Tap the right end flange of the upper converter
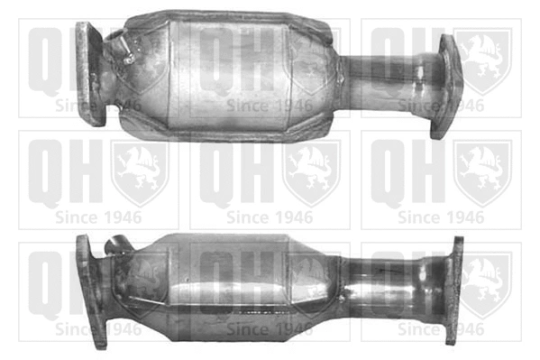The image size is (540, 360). [x=445, y=87]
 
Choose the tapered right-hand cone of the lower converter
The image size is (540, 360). [x=316, y=280]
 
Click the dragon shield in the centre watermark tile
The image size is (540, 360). [x=311, y=171]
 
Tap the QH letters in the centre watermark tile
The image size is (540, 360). [x=234, y=171]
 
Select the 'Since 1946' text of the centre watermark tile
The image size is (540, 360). [x=270, y=217]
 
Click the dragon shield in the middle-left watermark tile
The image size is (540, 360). [x=140, y=171]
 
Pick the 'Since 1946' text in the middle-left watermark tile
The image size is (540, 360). [x=98, y=217]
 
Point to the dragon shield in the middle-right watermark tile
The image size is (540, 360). [x=482, y=171]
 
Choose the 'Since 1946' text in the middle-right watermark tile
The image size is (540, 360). [x=441, y=217]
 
